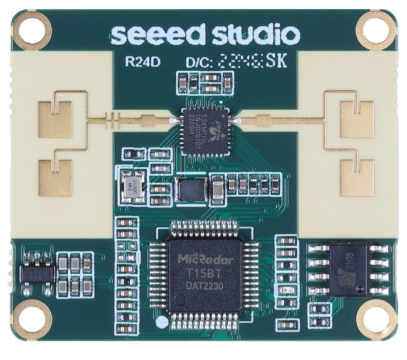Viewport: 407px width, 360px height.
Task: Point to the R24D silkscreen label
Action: click(x=140, y=62)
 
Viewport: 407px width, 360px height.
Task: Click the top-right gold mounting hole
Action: click(x=375, y=29)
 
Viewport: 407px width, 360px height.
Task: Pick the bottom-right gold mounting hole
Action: click(x=375, y=320)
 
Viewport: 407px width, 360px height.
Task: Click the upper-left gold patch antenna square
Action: click(x=55, y=119)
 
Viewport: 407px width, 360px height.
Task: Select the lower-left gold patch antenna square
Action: click(x=55, y=177)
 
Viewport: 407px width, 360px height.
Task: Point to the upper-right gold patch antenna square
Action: click(x=356, y=119)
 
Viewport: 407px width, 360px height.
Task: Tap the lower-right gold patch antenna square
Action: click(x=356, y=177)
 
